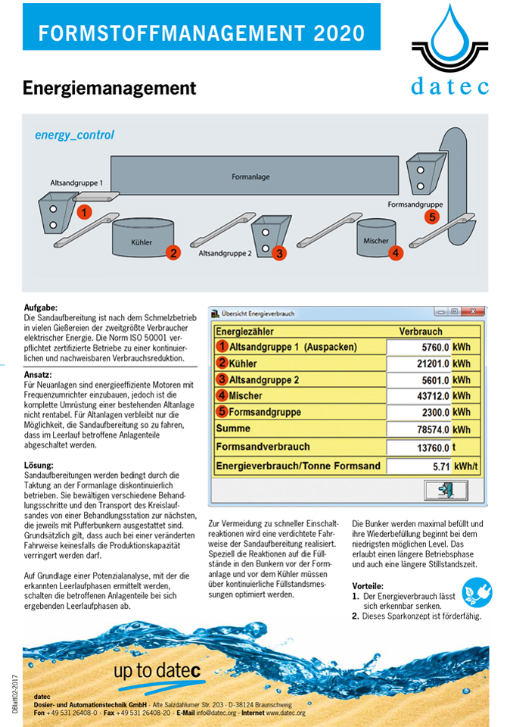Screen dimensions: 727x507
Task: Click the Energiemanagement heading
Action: (x=109, y=88)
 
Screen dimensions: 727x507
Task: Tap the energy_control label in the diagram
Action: (x=74, y=135)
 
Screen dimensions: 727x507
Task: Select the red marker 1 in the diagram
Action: (x=85, y=211)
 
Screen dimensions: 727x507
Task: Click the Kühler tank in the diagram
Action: (x=142, y=236)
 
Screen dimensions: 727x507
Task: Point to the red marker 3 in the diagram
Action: (x=279, y=254)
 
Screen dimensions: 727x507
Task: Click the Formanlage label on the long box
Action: (x=250, y=176)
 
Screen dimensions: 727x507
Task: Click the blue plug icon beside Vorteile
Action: (x=477, y=591)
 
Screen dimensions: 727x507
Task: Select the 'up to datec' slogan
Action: (x=157, y=670)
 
